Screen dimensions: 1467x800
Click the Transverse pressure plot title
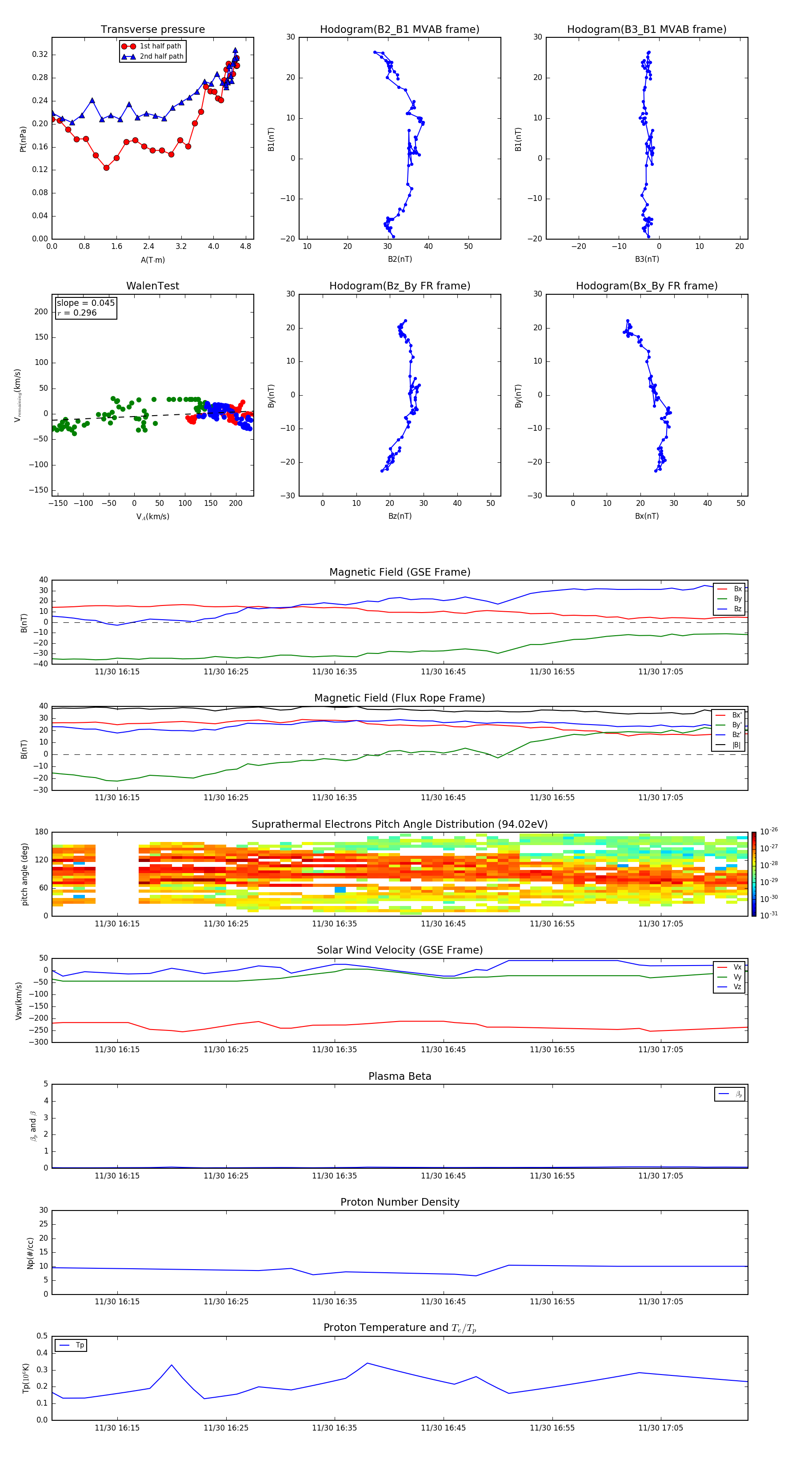[x=152, y=30]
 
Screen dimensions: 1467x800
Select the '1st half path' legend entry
[x=160, y=46]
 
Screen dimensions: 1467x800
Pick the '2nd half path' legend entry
[x=161, y=56]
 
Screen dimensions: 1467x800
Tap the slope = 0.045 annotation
[x=85, y=303]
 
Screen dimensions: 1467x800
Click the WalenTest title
[x=152, y=286]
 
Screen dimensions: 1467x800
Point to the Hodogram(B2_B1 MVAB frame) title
[x=399, y=30]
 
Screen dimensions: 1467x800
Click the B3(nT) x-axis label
[x=647, y=259]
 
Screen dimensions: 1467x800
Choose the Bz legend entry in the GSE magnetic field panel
[x=737, y=609]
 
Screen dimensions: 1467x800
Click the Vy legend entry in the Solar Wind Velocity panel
[x=737, y=977]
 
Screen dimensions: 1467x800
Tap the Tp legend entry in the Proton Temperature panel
[x=80, y=1345]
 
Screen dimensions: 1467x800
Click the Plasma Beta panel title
[x=400, y=1076]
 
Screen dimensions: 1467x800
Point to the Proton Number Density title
[x=400, y=1202]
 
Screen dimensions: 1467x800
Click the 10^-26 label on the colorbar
[x=769, y=831]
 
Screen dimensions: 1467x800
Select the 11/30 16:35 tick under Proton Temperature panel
[x=334, y=1428]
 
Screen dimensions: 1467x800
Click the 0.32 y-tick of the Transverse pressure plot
[x=40, y=55]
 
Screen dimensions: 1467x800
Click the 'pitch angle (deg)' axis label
[x=24, y=874]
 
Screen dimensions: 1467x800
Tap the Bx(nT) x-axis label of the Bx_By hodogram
[x=647, y=516]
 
